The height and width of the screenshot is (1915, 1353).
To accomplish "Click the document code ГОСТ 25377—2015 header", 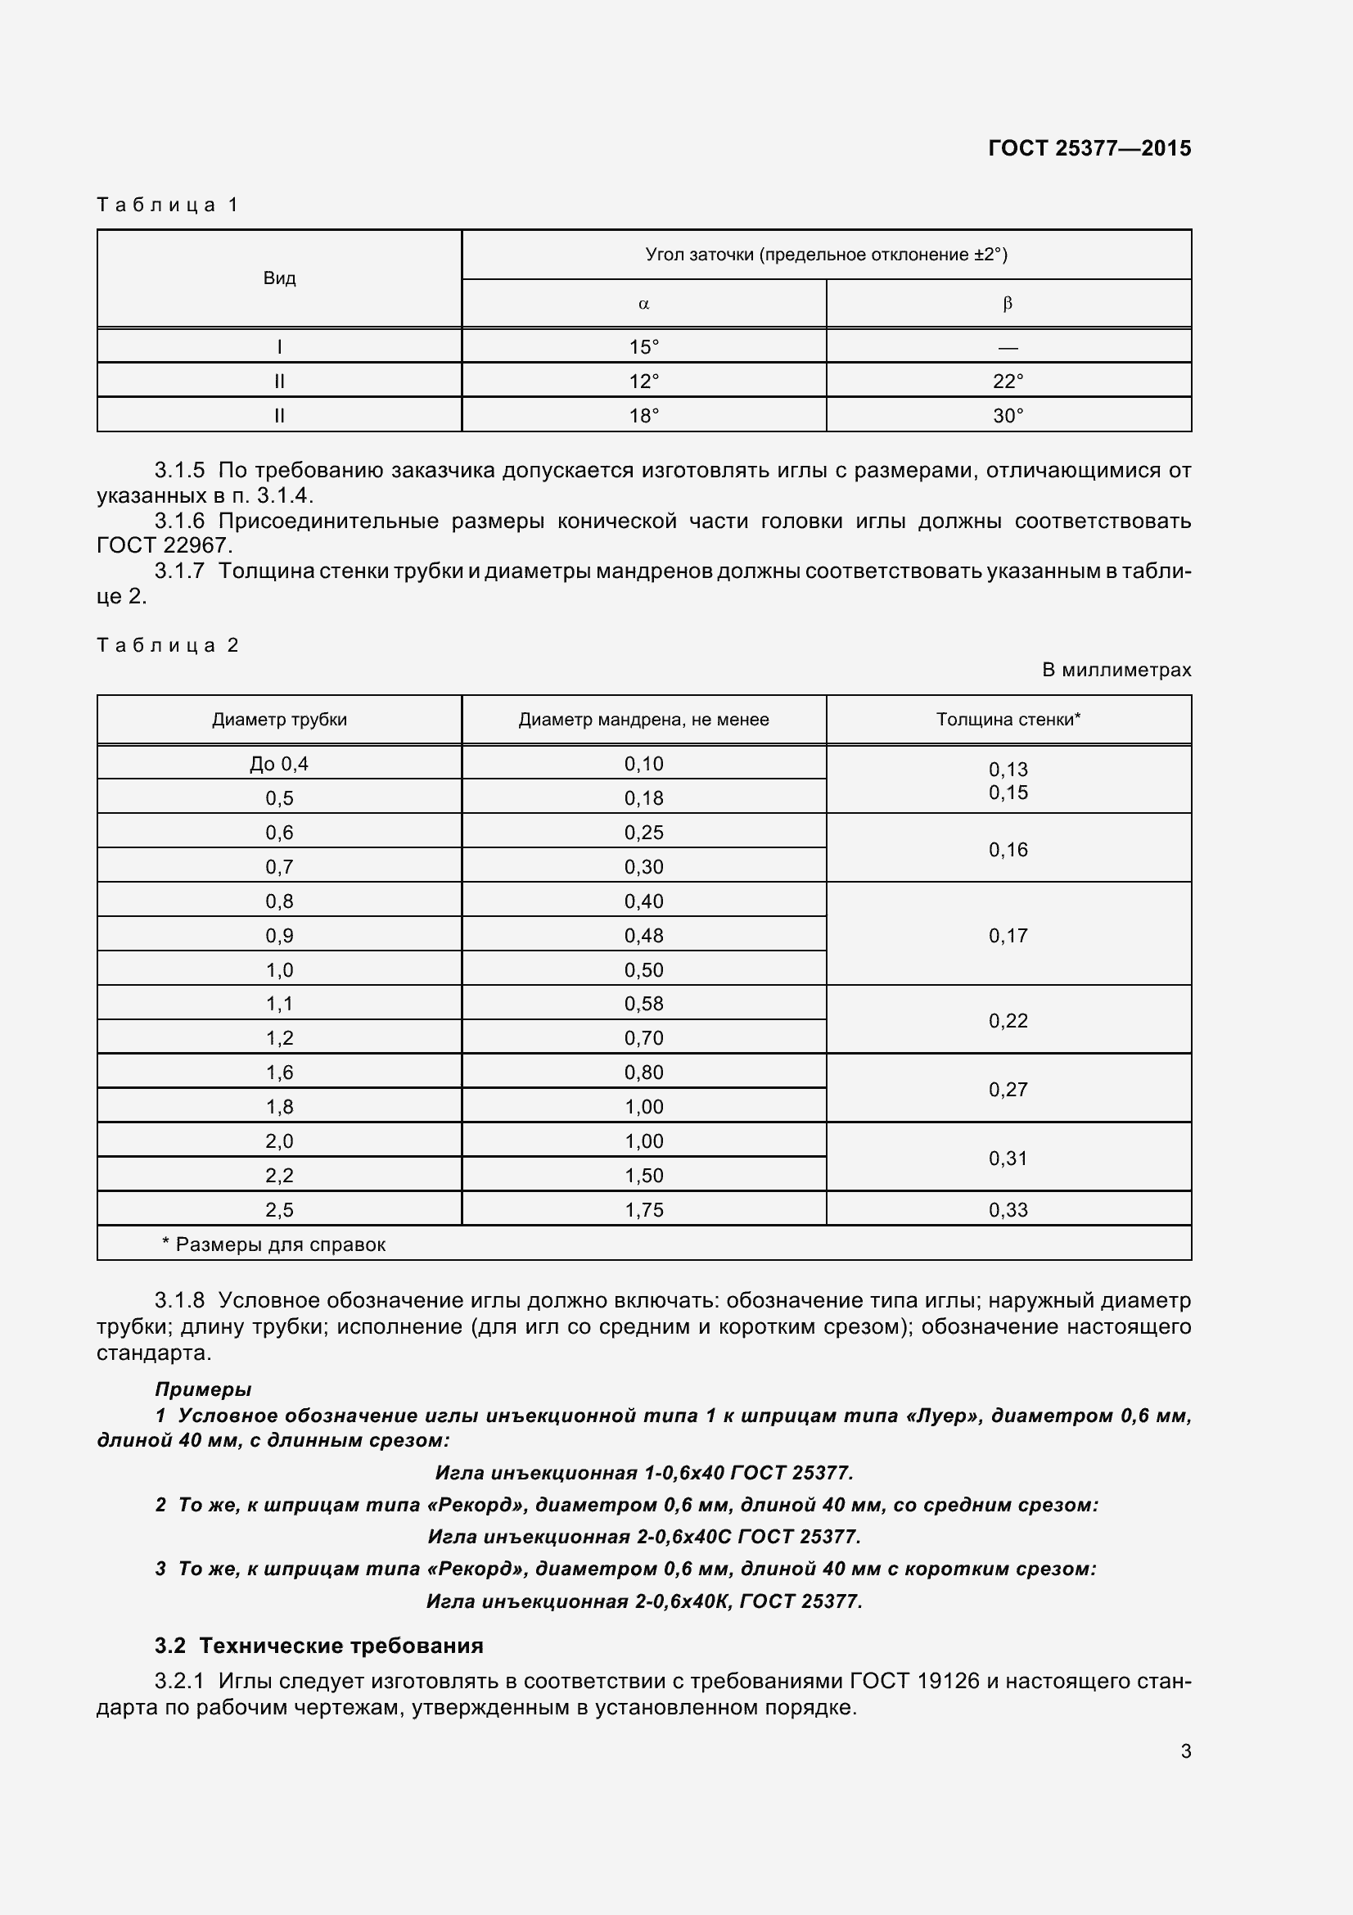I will coord(1089,148).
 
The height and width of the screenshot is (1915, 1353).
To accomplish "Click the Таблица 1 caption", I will coord(168,206).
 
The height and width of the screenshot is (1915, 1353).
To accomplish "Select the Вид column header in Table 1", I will coord(279,278).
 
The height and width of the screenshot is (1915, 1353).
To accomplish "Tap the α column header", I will coord(643,305).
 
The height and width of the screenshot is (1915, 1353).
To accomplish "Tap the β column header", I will coord(1008,305).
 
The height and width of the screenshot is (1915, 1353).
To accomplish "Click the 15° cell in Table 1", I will coord(643,347).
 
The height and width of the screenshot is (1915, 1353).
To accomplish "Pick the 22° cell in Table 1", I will coord(1008,382).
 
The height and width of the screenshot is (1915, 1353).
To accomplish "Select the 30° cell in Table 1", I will coord(1008,415).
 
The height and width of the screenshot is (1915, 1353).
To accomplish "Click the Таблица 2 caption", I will coord(168,645).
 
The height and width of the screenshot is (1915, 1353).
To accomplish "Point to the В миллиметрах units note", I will coord(1116,670).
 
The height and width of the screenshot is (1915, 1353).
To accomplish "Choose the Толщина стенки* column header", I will coord(1008,720).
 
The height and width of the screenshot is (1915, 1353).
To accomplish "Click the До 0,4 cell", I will coord(279,764).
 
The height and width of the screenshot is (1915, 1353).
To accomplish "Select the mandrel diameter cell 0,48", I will coord(643,936).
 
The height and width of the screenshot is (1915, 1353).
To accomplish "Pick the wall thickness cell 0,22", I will coord(1008,1021).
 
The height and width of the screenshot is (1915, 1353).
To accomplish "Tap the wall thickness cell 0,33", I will coord(1008,1210).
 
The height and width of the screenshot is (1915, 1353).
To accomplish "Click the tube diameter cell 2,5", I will coord(279,1210).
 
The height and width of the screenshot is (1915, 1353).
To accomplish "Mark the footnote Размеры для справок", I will coord(274,1245).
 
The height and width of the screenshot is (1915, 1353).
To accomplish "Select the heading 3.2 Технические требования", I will coord(318,1646).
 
